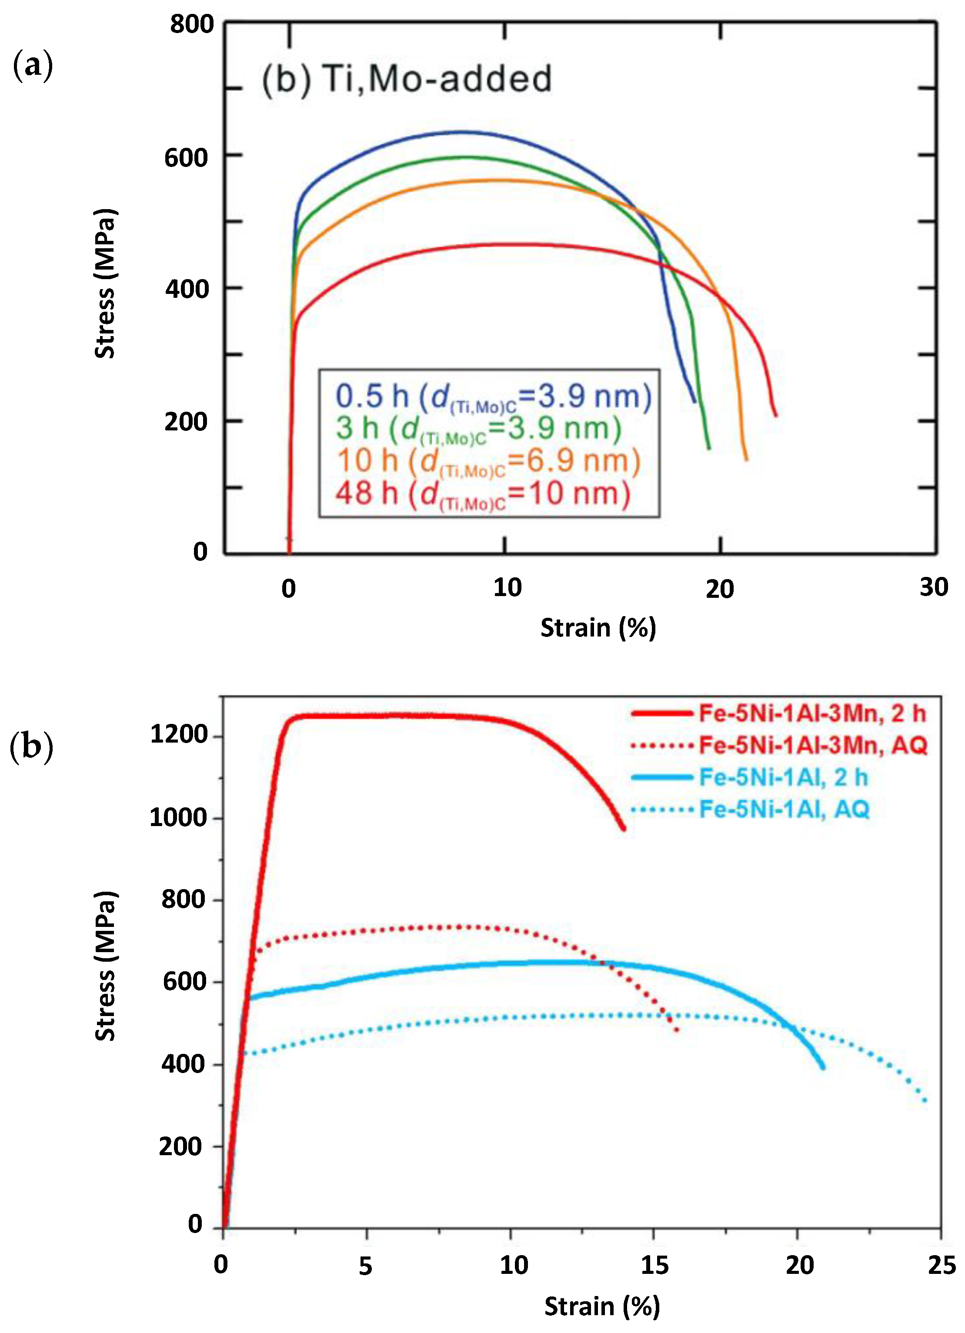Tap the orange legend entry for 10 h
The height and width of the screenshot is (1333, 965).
click(488, 460)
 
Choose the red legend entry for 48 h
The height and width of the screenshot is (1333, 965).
click(482, 493)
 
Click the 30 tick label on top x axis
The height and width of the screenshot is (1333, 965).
click(934, 587)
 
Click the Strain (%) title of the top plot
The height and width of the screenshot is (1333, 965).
click(598, 628)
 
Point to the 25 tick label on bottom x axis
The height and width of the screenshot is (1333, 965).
click(942, 1265)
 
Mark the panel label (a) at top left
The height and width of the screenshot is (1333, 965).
click(32, 65)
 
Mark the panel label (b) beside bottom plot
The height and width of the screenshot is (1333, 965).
click(31, 746)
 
